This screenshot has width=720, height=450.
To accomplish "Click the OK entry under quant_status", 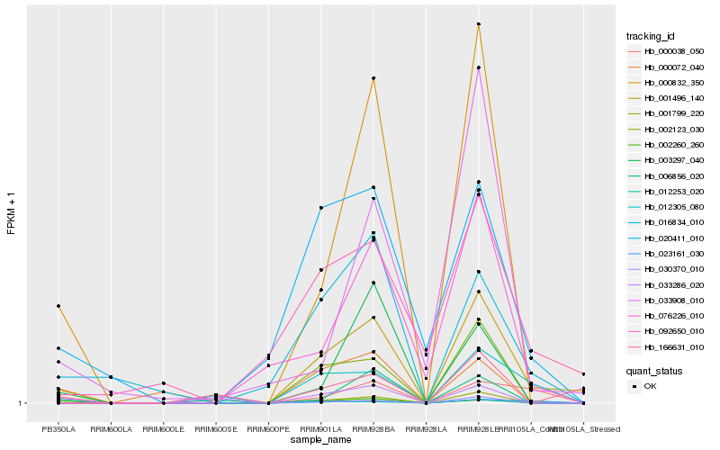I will [651, 386].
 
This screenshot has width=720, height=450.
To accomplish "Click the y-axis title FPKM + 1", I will [12, 213].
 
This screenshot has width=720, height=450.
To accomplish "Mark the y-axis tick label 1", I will [21, 403].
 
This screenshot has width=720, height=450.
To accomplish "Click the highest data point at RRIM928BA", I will [373, 78].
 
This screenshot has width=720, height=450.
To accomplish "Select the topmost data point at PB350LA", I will [58, 306].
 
